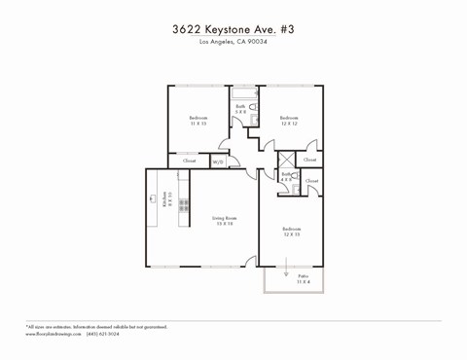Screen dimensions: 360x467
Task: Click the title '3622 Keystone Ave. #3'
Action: pos(233,29)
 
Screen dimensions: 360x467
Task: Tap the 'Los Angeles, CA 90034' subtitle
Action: pos(233,42)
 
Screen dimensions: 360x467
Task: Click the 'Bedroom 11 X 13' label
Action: pos(198,121)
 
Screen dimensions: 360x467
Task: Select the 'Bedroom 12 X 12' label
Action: pos(289,121)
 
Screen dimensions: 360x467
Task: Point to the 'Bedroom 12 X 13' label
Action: pos(292,232)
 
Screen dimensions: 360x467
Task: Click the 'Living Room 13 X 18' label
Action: pos(225,221)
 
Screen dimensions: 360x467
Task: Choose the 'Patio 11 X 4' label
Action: pos(304,278)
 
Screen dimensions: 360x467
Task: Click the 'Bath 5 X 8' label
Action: pos(240,109)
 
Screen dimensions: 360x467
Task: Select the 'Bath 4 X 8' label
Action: pos(286,177)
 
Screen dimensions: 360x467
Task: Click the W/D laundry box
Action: pos(218,162)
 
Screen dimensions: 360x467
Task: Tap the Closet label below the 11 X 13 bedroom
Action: pos(189,161)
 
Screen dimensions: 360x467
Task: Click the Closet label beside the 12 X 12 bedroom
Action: pos(309,160)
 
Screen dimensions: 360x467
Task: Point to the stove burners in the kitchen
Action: pos(182,205)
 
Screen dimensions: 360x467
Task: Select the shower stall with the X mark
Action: pos(287,161)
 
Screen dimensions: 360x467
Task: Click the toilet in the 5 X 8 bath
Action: pos(253,106)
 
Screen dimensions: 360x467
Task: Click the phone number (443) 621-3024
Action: pos(103,334)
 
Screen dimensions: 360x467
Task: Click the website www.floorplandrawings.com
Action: pos(53,334)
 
